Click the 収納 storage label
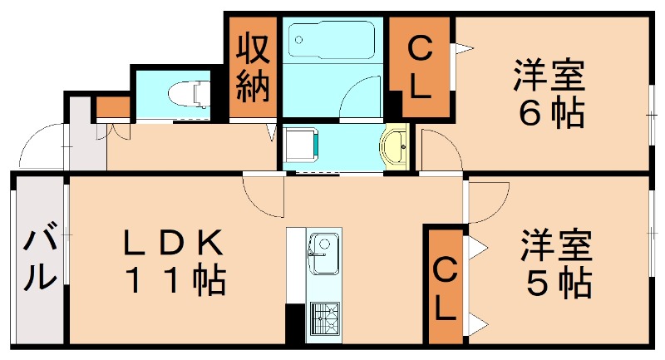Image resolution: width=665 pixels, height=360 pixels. pos(254,67)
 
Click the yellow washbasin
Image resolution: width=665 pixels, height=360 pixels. pos(395,147)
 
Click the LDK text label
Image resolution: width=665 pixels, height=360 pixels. pos(174,244)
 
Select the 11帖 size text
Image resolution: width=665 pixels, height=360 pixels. pos(175,284)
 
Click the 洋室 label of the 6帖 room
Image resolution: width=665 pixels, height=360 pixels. pos(549,77)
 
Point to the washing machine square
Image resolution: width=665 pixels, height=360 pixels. pos(300,145)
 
